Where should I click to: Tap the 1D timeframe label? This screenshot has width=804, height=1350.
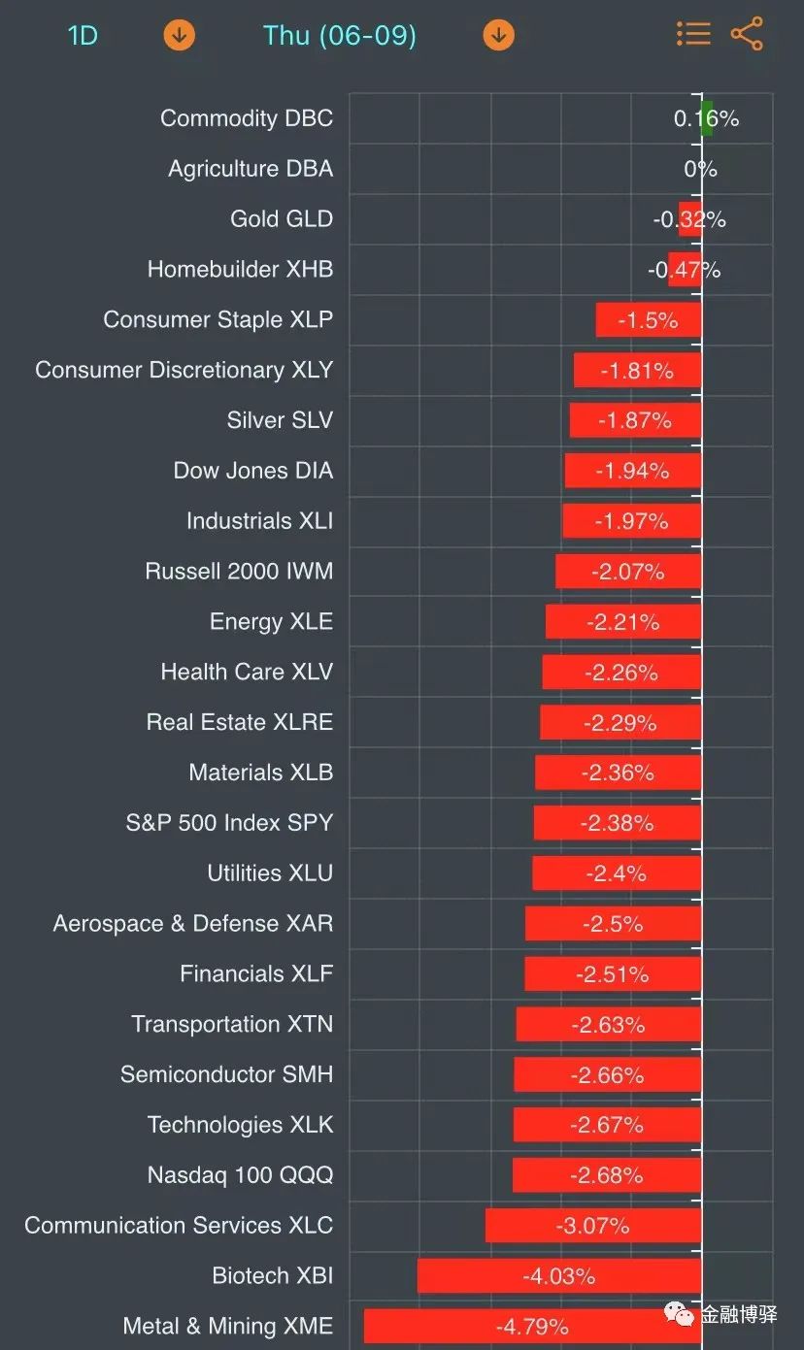83,36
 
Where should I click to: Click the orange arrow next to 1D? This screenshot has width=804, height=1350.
179,36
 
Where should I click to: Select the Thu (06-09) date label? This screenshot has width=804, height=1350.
339,36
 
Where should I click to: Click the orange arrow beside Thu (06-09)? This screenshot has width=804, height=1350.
498,36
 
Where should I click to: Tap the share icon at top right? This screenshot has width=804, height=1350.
747,34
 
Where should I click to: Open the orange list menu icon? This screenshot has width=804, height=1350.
693,34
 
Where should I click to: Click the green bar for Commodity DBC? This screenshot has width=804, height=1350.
707,118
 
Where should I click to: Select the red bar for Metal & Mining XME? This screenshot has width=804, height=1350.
532,1326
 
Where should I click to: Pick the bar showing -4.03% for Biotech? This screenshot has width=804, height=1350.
559,1275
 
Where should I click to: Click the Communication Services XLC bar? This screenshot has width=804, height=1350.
593,1225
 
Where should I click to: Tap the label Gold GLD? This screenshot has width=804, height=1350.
282,219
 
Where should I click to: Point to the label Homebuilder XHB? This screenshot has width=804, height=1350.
240,269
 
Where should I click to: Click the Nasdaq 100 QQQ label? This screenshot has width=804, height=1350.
240,1175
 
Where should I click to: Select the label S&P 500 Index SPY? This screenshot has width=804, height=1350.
229,823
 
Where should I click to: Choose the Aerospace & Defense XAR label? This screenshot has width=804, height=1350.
193,924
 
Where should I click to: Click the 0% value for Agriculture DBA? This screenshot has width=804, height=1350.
700,169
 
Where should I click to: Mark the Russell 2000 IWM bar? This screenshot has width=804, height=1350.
628,572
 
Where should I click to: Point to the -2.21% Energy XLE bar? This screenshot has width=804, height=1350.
623,622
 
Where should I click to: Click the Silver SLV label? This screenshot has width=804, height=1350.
280,420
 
